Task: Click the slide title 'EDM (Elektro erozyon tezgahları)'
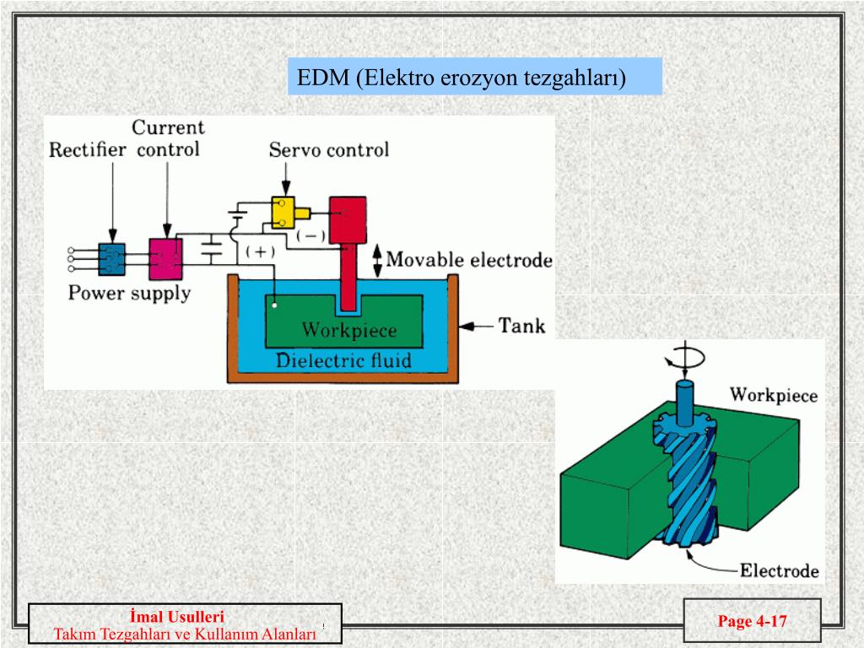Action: pyautogui.click(x=462, y=77)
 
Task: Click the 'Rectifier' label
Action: pyautogui.click(x=87, y=150)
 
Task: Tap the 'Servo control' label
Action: pyautogui.click(x=329, y=150)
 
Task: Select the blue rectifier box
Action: pyautogui.click(x=112, y=259)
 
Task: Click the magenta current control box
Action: pyautogui.click(x=166, y=259)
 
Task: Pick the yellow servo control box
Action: pyautogui.click(x=283, y=213)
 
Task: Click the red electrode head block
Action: pyautogui.click(x=348, y=220)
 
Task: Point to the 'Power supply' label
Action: pyautogui.click(x=129, y=293)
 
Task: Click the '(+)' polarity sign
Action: pyautogui.click(x=260, y=251)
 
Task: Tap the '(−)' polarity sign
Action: pyautogui.click(x=310, y=236)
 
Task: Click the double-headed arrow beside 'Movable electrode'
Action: pyautogui.click(x=377, y=261)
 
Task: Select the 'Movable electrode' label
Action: pyautogui.click(x=469, y=260)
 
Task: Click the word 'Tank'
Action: pyautogui.click(x=521, y=326)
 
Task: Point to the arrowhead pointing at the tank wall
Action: pyautogui.click(x=466, y=327)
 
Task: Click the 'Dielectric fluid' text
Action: pyautogui.click(x=343, y=360)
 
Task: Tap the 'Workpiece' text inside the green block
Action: pyautogui.click(x=349, y=330)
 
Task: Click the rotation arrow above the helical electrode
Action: pyautogui.click(x=685, y=358)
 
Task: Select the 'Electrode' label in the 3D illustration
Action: pyautogui.click(x=779, y=571)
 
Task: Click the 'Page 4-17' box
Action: pyautogui.click(x=752, y=621)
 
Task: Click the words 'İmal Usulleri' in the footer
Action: pyautogui.click(x=177, y=617)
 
